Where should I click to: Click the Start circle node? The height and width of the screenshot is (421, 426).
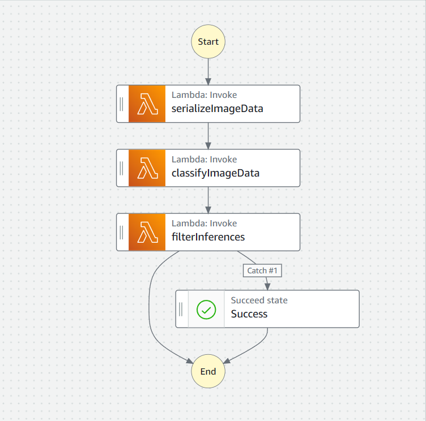coord(208,42)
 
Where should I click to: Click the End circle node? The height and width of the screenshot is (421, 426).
coord(208,372)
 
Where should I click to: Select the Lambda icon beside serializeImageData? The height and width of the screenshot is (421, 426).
coord(147,104)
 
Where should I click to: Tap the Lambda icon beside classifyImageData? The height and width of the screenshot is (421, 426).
coord(147,168)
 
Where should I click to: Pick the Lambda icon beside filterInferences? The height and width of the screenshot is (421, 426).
coord(147,232)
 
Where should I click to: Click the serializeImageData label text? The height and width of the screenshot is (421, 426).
coord(217,109)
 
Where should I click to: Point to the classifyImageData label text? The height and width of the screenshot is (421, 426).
coord(215,173)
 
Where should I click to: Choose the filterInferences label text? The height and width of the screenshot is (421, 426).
coord(208,237)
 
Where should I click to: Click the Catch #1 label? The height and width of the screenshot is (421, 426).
coord(262,270)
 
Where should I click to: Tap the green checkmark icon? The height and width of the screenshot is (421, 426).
coord(206,309)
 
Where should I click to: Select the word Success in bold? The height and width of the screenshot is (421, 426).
coord(249,314)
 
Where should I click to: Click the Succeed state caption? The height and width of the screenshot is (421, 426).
coord(259,300)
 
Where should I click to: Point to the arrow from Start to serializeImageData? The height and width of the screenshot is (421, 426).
coord(208,71)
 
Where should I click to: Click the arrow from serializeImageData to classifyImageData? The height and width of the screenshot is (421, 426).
coord(208,136)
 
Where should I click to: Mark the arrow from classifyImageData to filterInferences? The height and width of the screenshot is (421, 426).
coord(208,200)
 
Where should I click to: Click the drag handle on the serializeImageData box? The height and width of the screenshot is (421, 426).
coord(122,104)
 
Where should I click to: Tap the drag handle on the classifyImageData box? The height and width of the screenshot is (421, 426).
coord(122,168)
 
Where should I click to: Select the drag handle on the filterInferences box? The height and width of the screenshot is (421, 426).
coord(122,232)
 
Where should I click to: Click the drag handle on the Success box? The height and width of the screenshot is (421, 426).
coord(181,309)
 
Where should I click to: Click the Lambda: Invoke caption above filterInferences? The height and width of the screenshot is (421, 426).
coord(204,224)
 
